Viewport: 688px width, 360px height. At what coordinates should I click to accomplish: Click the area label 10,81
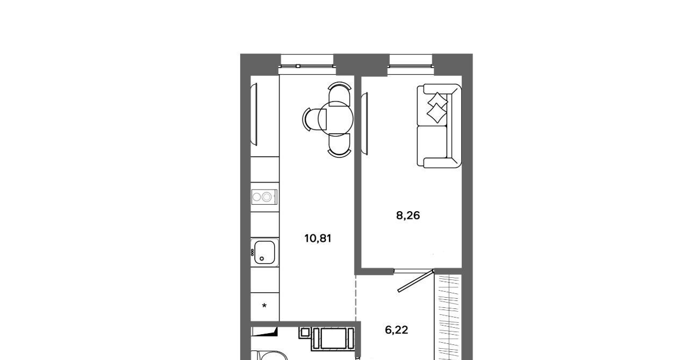click(x=318, y=239)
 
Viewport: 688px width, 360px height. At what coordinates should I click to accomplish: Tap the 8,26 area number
click(x=408, y=215)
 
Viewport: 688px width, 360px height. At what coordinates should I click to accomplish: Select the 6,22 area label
click(x=397, y=330)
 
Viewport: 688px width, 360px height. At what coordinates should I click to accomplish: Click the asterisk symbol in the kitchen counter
click(x=264, y=306)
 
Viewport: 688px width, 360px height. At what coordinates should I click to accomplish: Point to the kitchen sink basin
click(x=264, y=253)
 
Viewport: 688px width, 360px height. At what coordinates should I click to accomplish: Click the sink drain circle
click(x=262, y=259)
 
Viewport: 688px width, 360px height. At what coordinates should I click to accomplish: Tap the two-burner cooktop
click(x=264, y=197)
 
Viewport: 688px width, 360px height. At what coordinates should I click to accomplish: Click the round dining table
click(x=335, y=119)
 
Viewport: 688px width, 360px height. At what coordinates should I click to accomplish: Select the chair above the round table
click(x=339, y=93)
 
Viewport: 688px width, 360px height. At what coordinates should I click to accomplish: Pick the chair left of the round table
click(x=314, y=119)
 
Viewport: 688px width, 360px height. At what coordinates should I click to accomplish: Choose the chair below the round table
click(x=339, y=146)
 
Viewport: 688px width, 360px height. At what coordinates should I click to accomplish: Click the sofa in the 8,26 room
click(x=439, y=126)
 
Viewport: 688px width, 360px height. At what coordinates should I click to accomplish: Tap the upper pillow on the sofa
click(x=438, y=100)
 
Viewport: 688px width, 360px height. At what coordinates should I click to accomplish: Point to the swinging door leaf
click(x=415, y=281)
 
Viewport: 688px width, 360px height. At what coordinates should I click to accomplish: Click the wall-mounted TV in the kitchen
click(x=254, y=114)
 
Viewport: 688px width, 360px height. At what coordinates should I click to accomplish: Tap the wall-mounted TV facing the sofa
click(x=364, y=124)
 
